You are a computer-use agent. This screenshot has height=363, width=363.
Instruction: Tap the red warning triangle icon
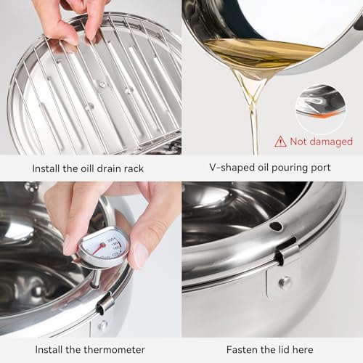pyautogui.click(x=280, y=142)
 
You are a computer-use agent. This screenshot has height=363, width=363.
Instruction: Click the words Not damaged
pyautogui.click(x=321, y=142)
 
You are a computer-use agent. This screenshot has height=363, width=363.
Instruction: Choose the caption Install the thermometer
pyautogui.click(x=91, y=350)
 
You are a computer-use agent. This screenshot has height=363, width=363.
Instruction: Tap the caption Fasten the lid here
pyautogui.click(x=272, y=350)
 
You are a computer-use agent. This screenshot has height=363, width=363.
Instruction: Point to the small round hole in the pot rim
pyautogui.click(x=277, y=227)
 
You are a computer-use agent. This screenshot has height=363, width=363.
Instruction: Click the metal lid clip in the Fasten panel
pyautogui.click(x=287, y=253)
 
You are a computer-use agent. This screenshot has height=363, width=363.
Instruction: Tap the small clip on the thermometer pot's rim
pyautogui.click(x=105, y=303)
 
